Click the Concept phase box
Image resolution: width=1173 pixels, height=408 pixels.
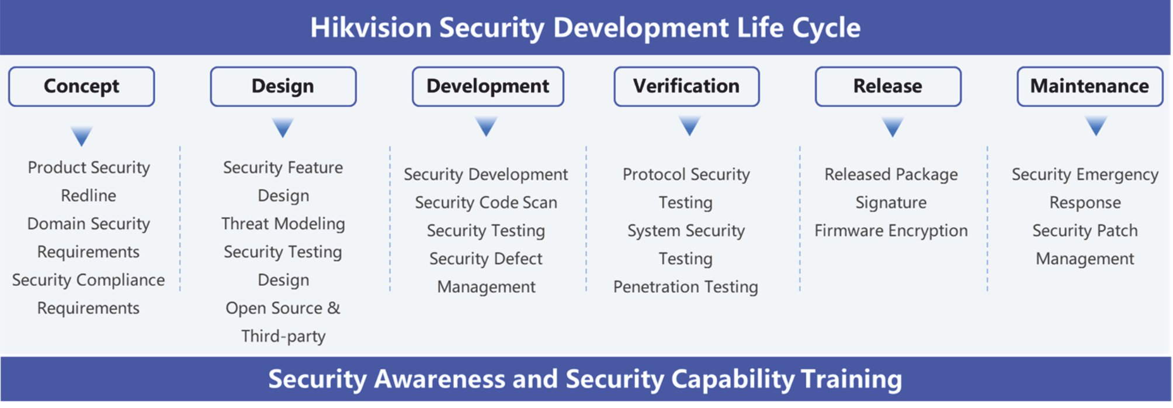pos(82,87)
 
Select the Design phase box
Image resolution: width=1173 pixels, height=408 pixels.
pos(283,87)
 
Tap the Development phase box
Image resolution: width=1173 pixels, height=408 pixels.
pos(488,87)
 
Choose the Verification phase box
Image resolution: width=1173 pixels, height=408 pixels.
pos(686,87)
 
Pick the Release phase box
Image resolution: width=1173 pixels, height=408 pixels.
pos(888,87)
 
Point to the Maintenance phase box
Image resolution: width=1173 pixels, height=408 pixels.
pos(1090,87)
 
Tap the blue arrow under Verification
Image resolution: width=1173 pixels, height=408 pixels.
pos(690,126)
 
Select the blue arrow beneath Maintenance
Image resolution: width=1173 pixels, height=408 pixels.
pos(1096,126)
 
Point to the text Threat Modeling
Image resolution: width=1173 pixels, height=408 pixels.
pos(283,224)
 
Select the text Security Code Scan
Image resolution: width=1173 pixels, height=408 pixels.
pos(486,203)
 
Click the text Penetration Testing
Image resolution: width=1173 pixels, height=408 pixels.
pos(686,287)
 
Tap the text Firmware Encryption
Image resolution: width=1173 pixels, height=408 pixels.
pos(891,231)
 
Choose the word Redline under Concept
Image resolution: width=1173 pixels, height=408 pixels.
pos(89,196)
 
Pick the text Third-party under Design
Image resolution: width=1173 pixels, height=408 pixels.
pos(283,337)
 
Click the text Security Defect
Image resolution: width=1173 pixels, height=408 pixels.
pos(486,259)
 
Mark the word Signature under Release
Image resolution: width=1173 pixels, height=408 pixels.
pos(891,203)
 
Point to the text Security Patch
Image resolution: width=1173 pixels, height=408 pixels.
pos(1085,231)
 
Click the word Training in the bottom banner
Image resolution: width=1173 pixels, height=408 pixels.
pos(851,379)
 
